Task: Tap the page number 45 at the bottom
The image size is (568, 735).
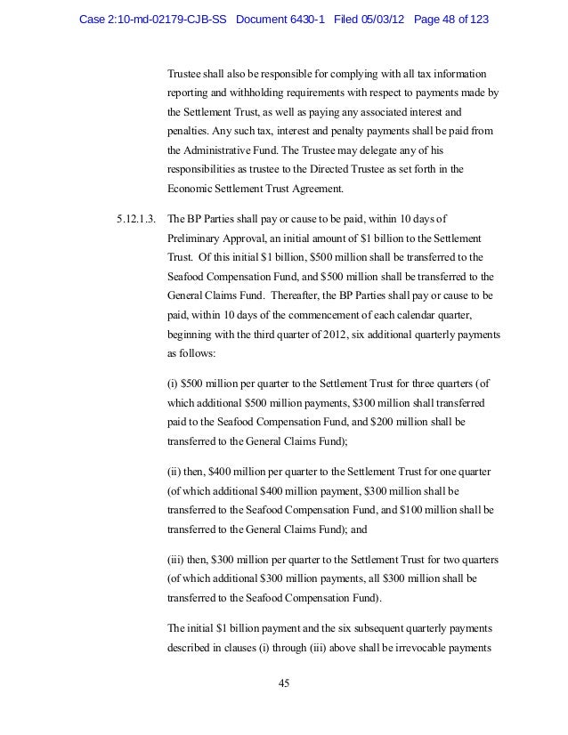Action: click(284, 683)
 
